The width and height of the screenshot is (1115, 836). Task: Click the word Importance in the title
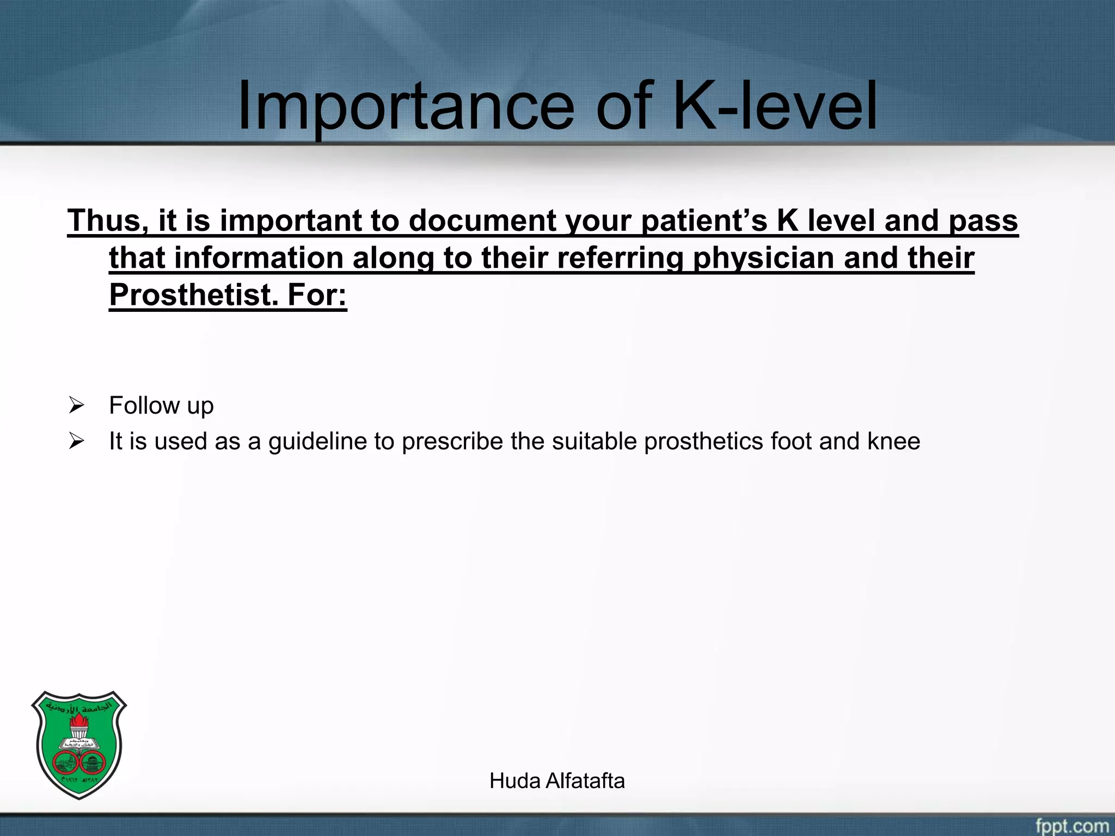pos(406,106)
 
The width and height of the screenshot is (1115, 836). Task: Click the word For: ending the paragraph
pos(317,295)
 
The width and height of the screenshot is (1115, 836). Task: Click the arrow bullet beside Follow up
pos(76,406)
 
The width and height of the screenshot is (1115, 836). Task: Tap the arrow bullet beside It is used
pos(76,441)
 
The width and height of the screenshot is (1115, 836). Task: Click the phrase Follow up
pos(161,406)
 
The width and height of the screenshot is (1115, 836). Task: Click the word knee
pos(893,441)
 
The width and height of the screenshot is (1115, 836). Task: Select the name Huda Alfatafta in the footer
pos(557,781)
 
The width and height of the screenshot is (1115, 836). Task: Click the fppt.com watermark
pos(1071,826)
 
